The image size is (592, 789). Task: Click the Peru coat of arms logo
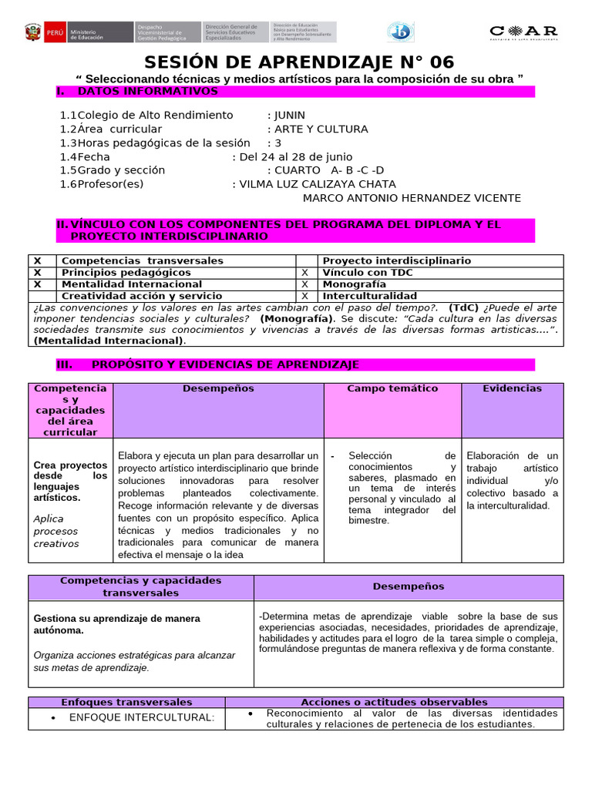coord(32,32)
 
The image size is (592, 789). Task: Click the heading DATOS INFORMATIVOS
coord(148,92)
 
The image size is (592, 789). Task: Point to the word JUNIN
coord(290,115)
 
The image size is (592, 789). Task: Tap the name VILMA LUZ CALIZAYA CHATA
coord(318,184)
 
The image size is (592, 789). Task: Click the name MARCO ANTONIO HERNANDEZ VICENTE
coord(412,198)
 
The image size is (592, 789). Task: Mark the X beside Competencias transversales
coord(38,261)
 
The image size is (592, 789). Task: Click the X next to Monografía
coord(304,284)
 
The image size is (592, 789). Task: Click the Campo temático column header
coord(392,388)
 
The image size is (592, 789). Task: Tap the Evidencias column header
coord(512,388)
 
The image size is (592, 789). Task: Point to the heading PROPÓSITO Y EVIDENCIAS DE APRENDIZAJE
coord(225,364)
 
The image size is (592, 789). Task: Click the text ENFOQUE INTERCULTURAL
coord(142,717)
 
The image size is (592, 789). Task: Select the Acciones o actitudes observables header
coord(393,702)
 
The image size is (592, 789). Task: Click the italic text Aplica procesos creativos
coord(56,531)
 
